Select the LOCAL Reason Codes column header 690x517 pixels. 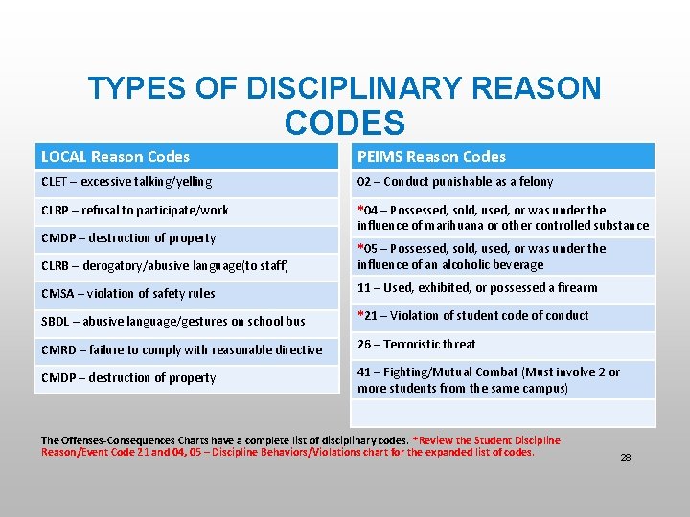[x=116, y=156]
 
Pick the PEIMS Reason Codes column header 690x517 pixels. [x=431, y=156]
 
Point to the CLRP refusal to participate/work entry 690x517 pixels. [x=135, y=211]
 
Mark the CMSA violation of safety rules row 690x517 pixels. [x=128, y=293]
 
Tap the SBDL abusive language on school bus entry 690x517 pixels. [x=173, y=321]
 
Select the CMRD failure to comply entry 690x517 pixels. [x=182, y=349]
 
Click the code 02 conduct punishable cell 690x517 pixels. [x=455, y=182]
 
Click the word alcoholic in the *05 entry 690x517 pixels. [x=468, y=264]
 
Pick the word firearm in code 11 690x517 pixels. [x=576, y=288]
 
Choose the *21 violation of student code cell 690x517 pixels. [x=473, y=316]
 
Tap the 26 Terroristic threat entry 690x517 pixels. [x=417, y=345]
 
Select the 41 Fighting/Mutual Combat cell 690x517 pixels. [x=489, y=380]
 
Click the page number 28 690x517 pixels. [x=626, y=458]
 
